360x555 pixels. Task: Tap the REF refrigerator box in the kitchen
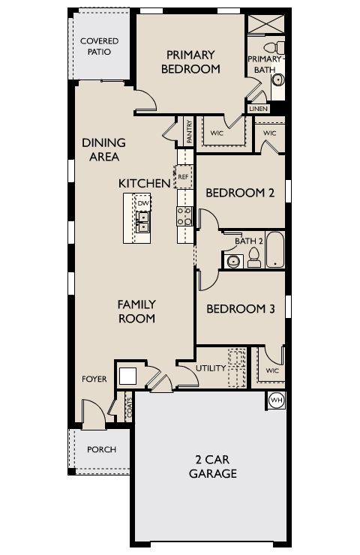(183, 178)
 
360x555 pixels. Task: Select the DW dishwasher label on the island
(142, 203)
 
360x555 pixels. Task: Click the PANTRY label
(189, 131)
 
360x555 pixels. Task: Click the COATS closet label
(130, 409)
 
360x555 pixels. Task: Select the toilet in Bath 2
(253, 259)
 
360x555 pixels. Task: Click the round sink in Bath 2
(232, 261)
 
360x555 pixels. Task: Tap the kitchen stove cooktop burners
(183, 217)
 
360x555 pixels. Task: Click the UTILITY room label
(211, 369)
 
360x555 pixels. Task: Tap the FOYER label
(94, 379)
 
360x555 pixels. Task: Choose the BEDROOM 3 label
(235, 308)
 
